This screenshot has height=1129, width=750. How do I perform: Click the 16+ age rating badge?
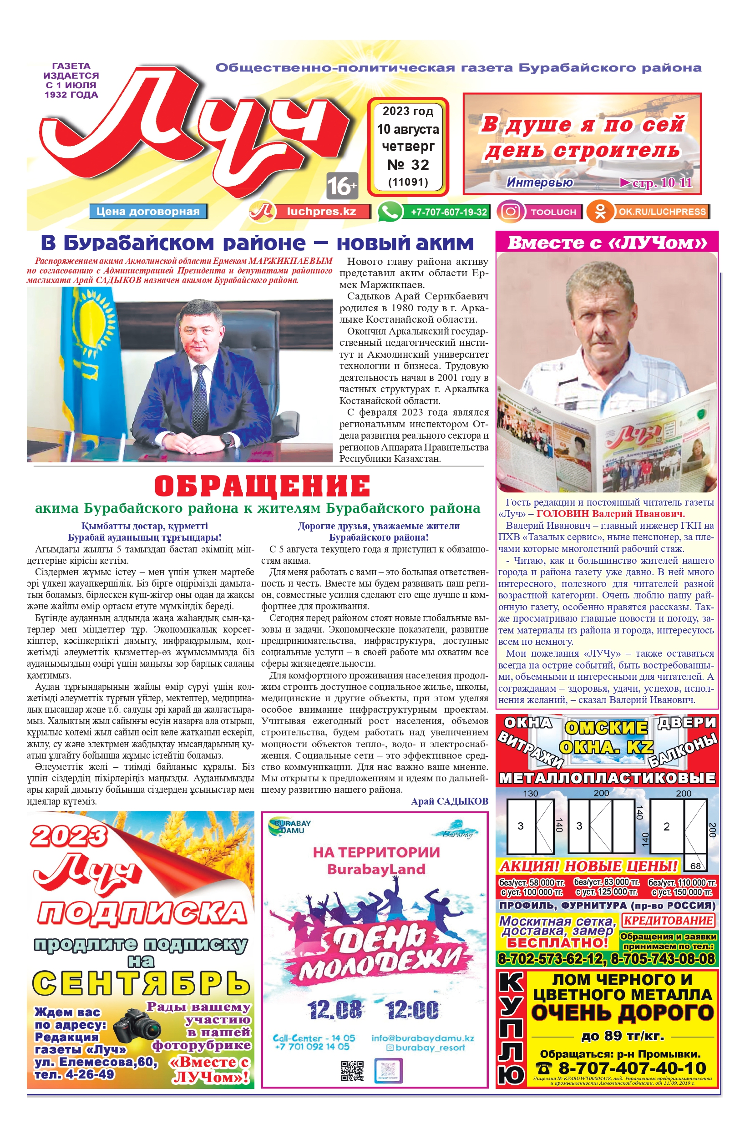(342, 186)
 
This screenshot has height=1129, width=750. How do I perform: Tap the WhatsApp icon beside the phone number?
(390, 211)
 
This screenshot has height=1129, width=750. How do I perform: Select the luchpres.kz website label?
(321, 211)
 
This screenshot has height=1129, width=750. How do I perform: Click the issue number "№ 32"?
(408, 165)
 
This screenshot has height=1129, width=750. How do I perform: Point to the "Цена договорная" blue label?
(148, 211)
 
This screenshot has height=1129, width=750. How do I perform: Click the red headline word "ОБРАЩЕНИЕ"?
(262, 486)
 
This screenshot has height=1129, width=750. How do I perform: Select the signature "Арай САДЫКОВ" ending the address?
(449, 801)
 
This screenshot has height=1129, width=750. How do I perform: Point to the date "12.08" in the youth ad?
(334, 1010)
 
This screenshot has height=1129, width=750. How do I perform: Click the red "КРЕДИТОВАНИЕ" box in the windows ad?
(668, 920)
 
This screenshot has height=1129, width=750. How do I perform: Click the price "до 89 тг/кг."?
(622, 1036)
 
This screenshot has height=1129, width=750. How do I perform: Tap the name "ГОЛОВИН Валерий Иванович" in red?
(610, 514)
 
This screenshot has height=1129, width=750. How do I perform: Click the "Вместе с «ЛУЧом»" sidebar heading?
(607, 243)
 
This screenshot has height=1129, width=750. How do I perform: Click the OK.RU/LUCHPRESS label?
(662, 211)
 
